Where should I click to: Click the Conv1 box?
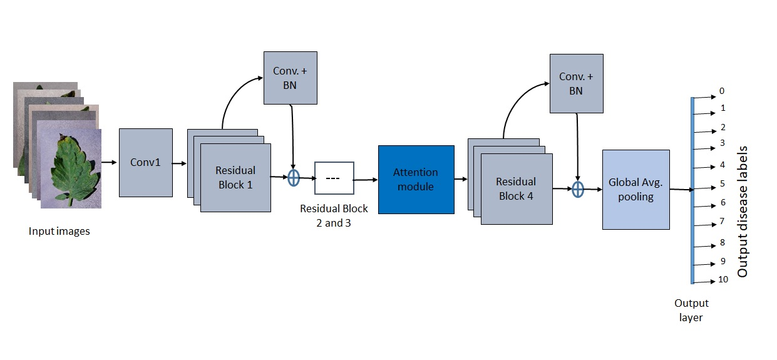click(x=145, y=163)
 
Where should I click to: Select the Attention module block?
click(x=416, y=179)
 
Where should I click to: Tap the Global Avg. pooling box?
click(x=635, y=189)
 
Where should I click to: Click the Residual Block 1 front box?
click(x=235, y=177)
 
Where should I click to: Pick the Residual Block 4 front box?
click(x=516, y=188)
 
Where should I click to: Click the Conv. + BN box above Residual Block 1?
click(x=291, y=78)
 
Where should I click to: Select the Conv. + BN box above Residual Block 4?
click(x=576, y=83)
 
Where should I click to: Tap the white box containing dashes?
click(x=334, y=178)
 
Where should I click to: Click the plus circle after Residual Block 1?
click(x=294, y=178)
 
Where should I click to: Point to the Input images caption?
click(x=59, y=231)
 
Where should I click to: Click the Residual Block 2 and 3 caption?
click(x=334, y=215)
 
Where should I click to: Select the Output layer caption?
click(x=691, y=310)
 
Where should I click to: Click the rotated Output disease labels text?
click(x=743, y=212)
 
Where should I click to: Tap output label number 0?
click(x=721, y=91)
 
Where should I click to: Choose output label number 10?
click(x=723, y=280)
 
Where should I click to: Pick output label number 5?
click(x=722, y=184)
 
